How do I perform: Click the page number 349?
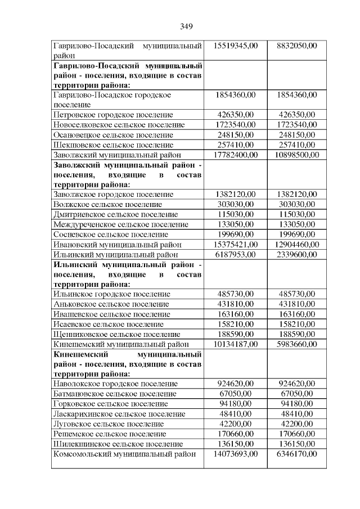187,26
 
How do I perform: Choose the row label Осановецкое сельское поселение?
113,134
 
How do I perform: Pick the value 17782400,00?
236,155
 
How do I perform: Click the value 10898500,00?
298,155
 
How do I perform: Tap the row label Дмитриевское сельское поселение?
115,214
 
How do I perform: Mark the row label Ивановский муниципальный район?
118,244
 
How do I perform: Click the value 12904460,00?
298,244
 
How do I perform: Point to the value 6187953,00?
236,254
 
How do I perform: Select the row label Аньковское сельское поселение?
110,304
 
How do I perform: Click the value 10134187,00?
236,344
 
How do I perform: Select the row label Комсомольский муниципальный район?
124,453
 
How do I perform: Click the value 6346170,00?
298,453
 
